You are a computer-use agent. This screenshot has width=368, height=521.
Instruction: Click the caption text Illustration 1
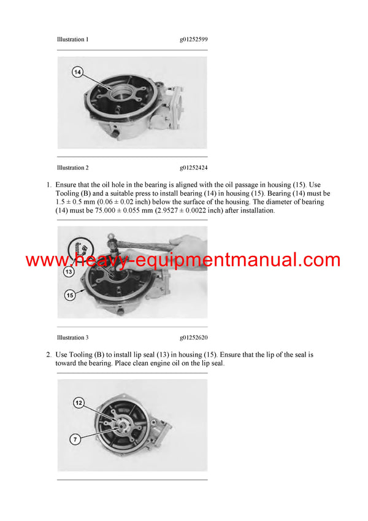tap(72, 39)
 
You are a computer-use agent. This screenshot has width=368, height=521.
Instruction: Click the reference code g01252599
tap(193, 39)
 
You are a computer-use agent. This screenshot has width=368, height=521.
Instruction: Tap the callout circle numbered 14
tap(77, 72)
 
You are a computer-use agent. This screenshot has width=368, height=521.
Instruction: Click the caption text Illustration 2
tap(72, 168)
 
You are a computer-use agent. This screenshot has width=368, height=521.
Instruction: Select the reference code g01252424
tap(193, 168)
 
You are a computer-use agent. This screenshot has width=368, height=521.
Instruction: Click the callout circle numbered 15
tap(69, 295)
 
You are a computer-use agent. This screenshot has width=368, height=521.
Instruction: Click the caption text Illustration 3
tap(72, 338)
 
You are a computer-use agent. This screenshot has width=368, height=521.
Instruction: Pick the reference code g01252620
tap(193, 338)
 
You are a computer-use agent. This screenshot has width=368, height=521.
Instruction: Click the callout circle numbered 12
tap(79, 403)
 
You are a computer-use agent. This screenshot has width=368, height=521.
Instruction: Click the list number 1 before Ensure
tap(48, 185)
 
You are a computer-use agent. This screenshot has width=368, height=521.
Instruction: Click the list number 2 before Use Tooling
tap(48, 355)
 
